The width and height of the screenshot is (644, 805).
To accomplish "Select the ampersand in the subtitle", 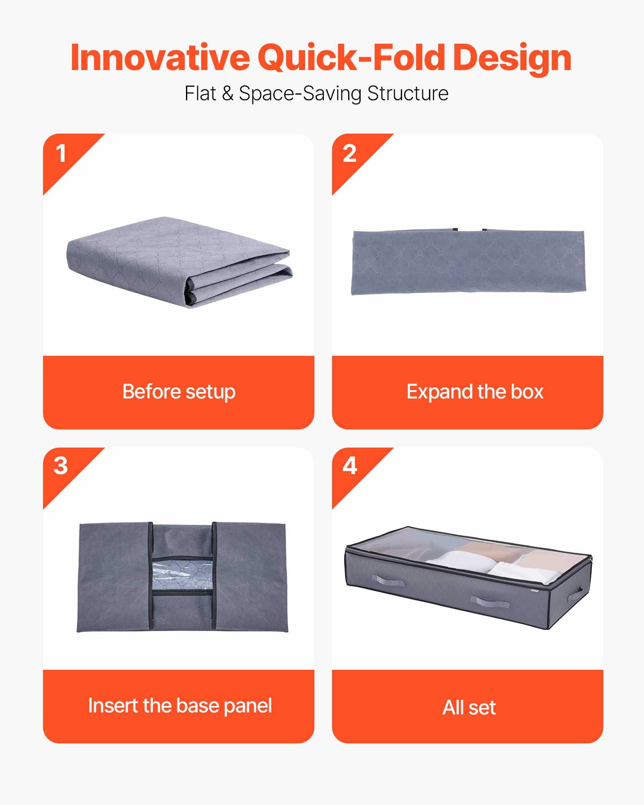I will point(227,93).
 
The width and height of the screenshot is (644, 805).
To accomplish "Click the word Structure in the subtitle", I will point(407,93).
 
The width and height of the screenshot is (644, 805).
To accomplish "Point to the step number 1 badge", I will point(61,154).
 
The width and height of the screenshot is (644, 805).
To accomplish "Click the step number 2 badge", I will point(349,154).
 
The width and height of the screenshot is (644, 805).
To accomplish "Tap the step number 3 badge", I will point(61,466).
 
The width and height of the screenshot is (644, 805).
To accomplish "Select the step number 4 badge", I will point(349,466).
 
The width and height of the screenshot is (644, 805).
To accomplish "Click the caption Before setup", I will point(179,392).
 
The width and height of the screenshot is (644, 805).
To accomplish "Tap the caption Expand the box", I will point(475,392).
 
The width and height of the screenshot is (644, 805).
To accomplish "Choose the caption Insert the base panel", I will point(180,706).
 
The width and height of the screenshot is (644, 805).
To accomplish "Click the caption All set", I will point(469,707).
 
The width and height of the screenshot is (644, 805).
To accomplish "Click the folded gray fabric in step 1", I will point(177,258).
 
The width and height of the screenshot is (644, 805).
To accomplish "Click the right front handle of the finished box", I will point(490,603).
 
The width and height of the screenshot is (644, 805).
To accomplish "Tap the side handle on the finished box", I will point(576,594).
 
